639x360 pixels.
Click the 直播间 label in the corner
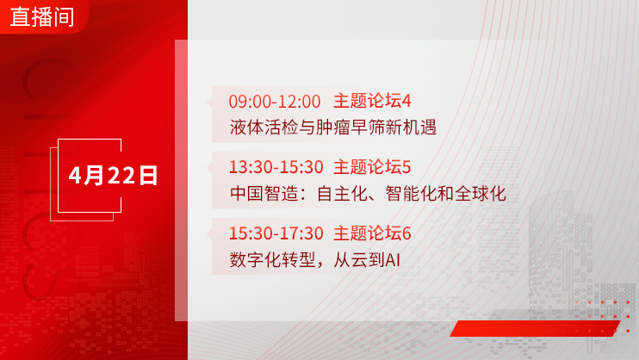[x=42, y=16]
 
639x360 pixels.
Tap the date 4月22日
[x=113, y=176]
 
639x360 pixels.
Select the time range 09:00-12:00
[x=275, y=102]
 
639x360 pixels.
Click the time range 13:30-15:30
[x=276, y=167]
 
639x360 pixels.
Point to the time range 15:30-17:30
[x=276, y=233]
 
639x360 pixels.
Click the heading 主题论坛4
[x=372, y=101]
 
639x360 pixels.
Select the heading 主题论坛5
[x=372, y=167]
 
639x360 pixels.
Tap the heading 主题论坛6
[x=372, y=233]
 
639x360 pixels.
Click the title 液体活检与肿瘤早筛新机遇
[x=333, y=127]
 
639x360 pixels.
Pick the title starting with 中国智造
[x=368, y=193]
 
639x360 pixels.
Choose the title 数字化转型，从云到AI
[x=314, y=259]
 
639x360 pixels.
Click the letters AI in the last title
[x=393, y=260]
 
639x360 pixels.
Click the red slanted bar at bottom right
[x=535, y=328]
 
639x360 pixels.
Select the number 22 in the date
[x=121, y=176]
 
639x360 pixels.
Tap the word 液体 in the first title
[x=246, y=127]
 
